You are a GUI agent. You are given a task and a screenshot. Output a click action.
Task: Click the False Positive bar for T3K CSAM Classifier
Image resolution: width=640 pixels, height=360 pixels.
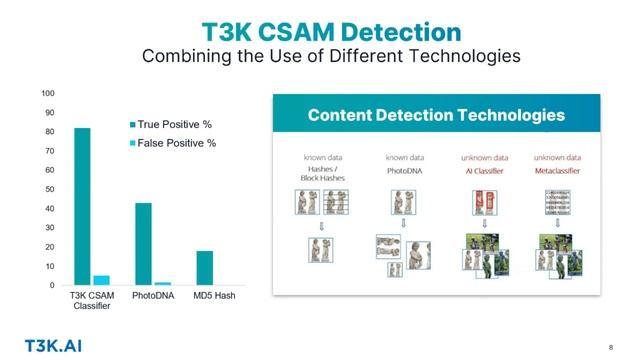coord(101,280)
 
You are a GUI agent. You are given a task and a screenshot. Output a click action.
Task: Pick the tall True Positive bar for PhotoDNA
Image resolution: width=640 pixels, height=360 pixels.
coord(143,244)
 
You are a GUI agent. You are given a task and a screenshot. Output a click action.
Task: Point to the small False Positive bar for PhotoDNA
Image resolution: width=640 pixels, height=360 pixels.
coord(162,284)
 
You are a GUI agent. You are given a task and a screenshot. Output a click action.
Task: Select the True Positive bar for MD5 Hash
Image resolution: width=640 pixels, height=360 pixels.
coord(204,268)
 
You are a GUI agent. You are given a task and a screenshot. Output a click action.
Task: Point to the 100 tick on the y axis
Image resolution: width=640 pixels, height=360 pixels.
coord(47,93)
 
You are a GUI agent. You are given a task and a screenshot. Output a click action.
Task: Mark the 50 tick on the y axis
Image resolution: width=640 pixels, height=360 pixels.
coord(49,189)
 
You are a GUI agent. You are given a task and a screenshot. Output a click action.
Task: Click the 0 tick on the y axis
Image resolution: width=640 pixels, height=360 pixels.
coord(52,286)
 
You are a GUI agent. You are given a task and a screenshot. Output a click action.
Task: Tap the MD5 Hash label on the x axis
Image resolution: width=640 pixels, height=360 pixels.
coord(213,297)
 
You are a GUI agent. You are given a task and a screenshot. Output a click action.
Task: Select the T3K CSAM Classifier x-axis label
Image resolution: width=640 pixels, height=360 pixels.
coord(91,302)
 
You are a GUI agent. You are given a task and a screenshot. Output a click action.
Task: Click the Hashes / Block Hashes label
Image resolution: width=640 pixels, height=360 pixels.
coord(323,175)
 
